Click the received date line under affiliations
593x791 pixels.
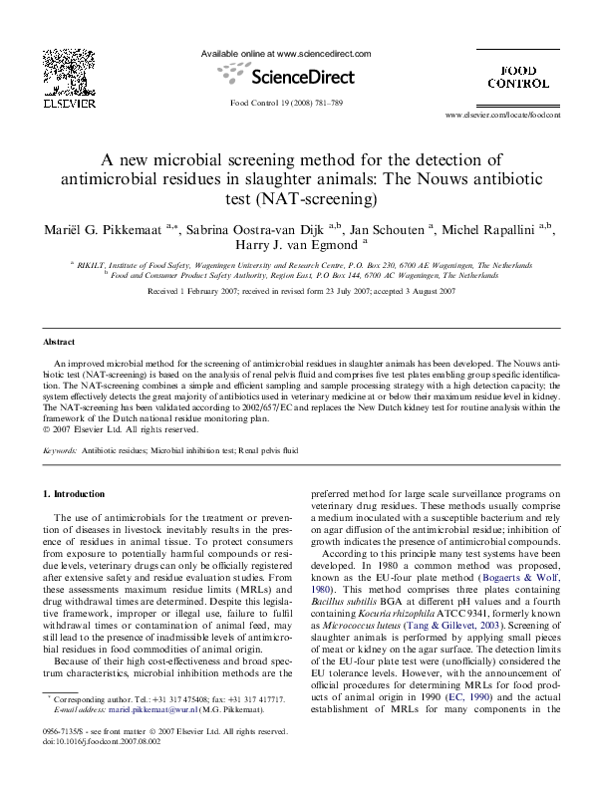296,291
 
